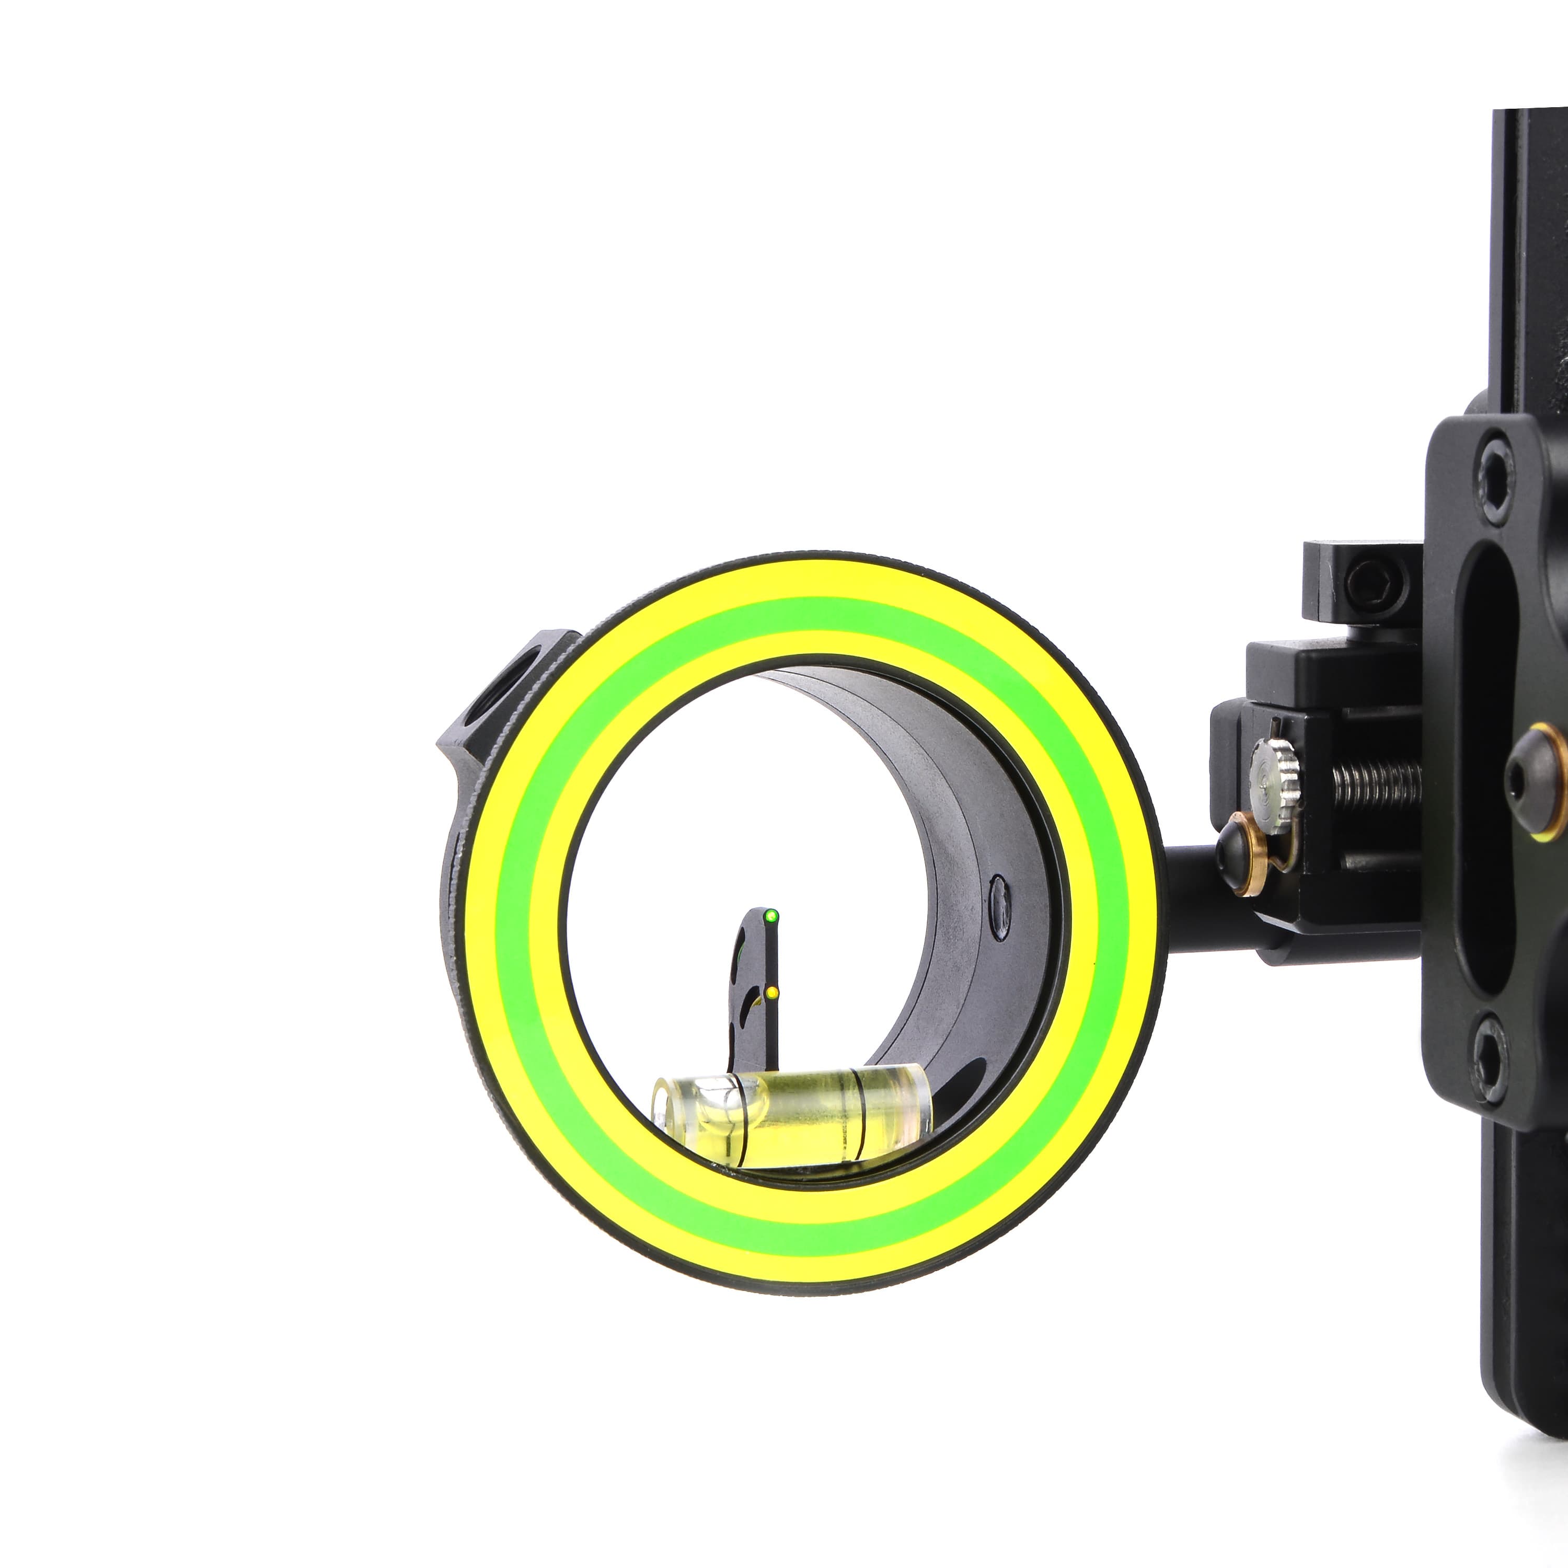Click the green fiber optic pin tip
tap(769, 916)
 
